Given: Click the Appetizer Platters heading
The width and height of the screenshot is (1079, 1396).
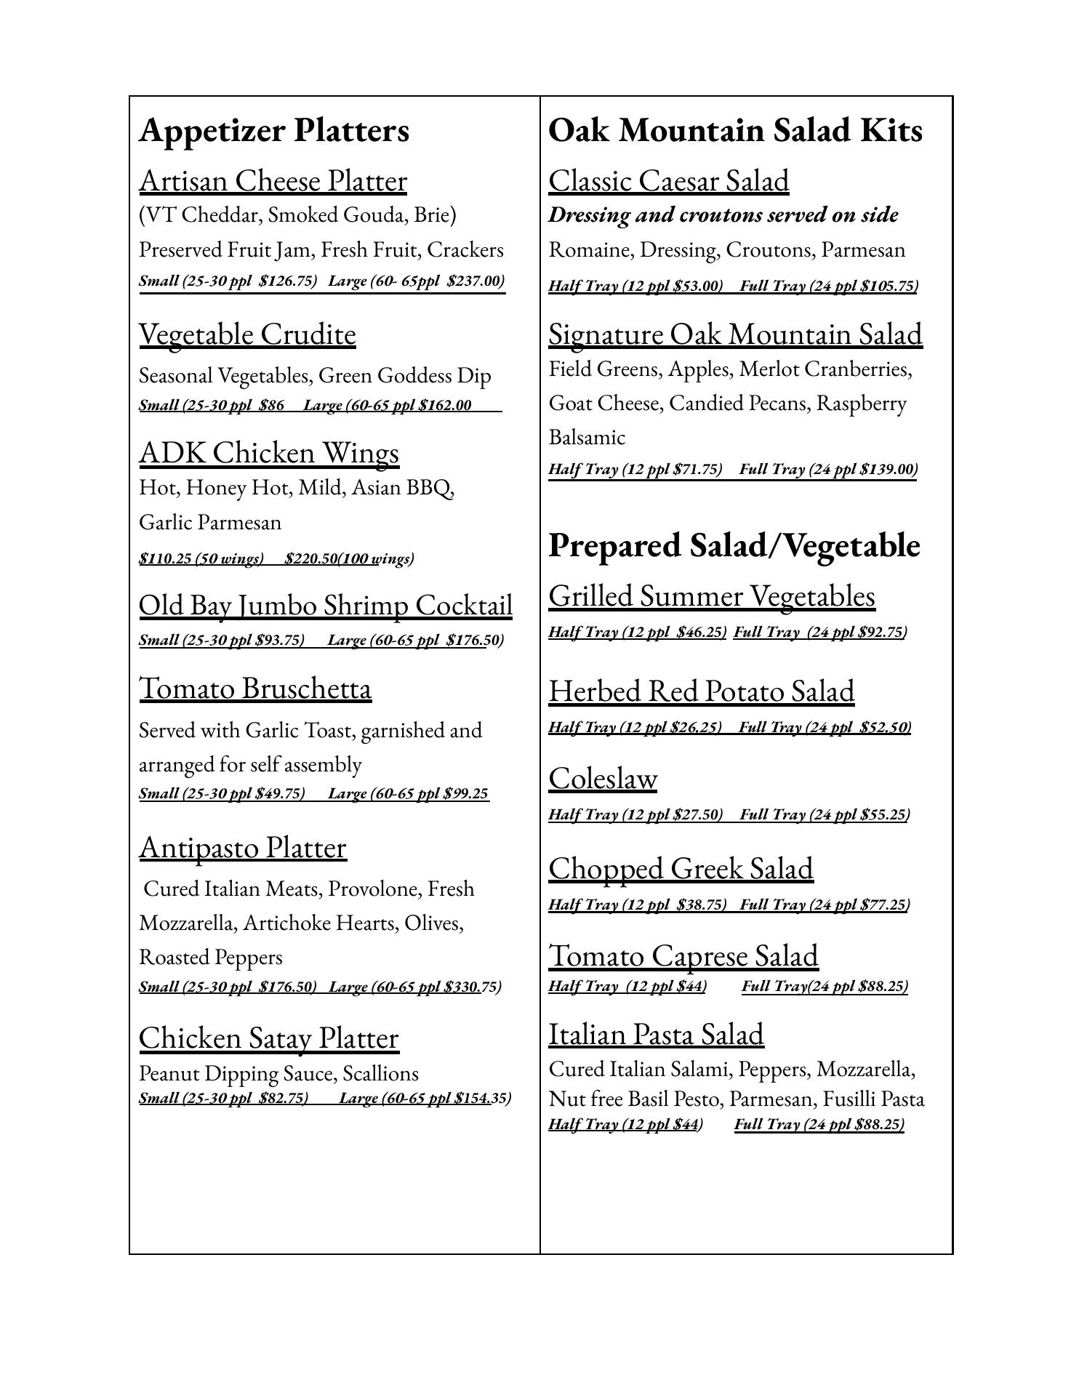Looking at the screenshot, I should point(274,131).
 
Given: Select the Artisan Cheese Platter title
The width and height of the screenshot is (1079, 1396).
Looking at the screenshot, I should point(273,181).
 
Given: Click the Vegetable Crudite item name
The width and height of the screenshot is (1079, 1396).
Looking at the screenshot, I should point(247,334).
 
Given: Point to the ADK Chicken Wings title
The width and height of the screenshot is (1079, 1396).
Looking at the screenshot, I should point(269,453).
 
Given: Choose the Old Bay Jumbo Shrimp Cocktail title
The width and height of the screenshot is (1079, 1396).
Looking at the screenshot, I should point(326,606).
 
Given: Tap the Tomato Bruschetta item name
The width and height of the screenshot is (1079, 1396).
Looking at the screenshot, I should point(255,689).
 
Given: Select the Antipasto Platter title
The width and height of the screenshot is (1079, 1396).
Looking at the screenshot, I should point(243,848).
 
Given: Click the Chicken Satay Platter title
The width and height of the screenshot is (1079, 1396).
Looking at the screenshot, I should point(269,1038).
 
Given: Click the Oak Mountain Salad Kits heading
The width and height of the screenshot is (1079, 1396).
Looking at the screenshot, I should point(735,131).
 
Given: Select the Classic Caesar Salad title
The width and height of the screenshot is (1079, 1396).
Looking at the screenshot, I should point(668,181).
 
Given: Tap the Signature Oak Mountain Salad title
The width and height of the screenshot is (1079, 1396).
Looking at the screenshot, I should point(735,334).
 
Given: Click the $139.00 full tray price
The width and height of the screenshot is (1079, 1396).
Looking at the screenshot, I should point(887,469).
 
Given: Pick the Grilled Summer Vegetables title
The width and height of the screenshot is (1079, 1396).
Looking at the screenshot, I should point(712,596).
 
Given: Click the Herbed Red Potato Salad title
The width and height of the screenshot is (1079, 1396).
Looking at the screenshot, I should point(701,691).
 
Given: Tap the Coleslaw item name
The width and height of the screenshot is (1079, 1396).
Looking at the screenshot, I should point(603,779).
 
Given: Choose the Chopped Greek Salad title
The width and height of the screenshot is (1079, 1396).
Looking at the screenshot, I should point(681,869).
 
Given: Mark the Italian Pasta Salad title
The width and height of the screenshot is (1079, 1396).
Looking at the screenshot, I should point(656,1035).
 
